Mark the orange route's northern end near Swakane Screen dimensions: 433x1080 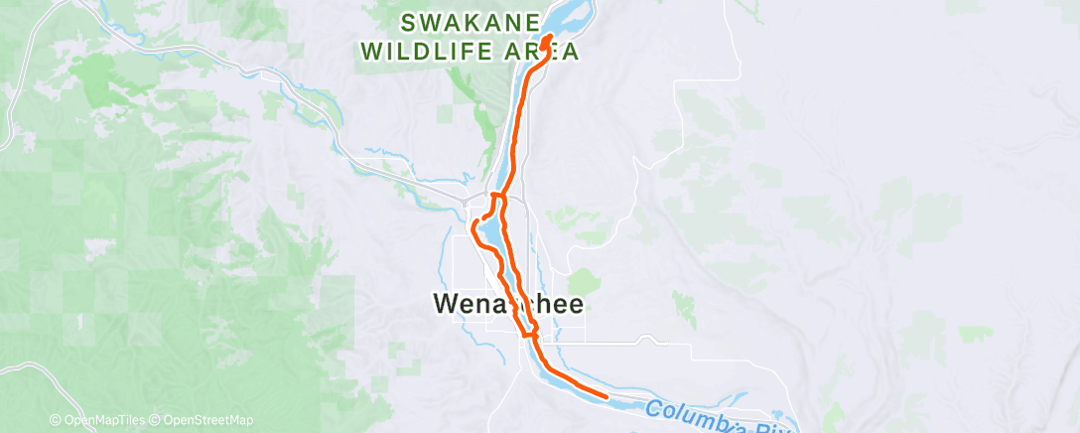pos(549,38)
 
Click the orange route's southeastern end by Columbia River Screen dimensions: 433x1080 pos(606,395)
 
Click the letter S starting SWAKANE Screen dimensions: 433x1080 pos(407,22)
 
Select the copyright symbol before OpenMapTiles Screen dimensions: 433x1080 pos(57,420)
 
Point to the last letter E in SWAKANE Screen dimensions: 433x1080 pos(533,22)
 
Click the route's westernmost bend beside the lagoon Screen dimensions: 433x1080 pos(472,226)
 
